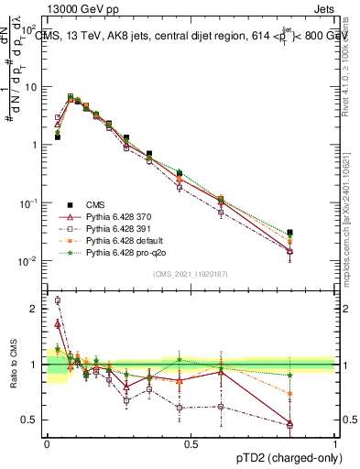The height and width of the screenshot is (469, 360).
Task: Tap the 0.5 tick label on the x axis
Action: point(191,443)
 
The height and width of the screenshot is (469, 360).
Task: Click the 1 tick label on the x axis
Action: point(333,443)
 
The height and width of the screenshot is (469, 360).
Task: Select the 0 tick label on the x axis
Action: point(47,443)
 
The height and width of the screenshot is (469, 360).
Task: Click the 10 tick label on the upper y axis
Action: point(31,87)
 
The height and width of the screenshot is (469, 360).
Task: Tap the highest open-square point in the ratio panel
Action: point(58,300)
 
